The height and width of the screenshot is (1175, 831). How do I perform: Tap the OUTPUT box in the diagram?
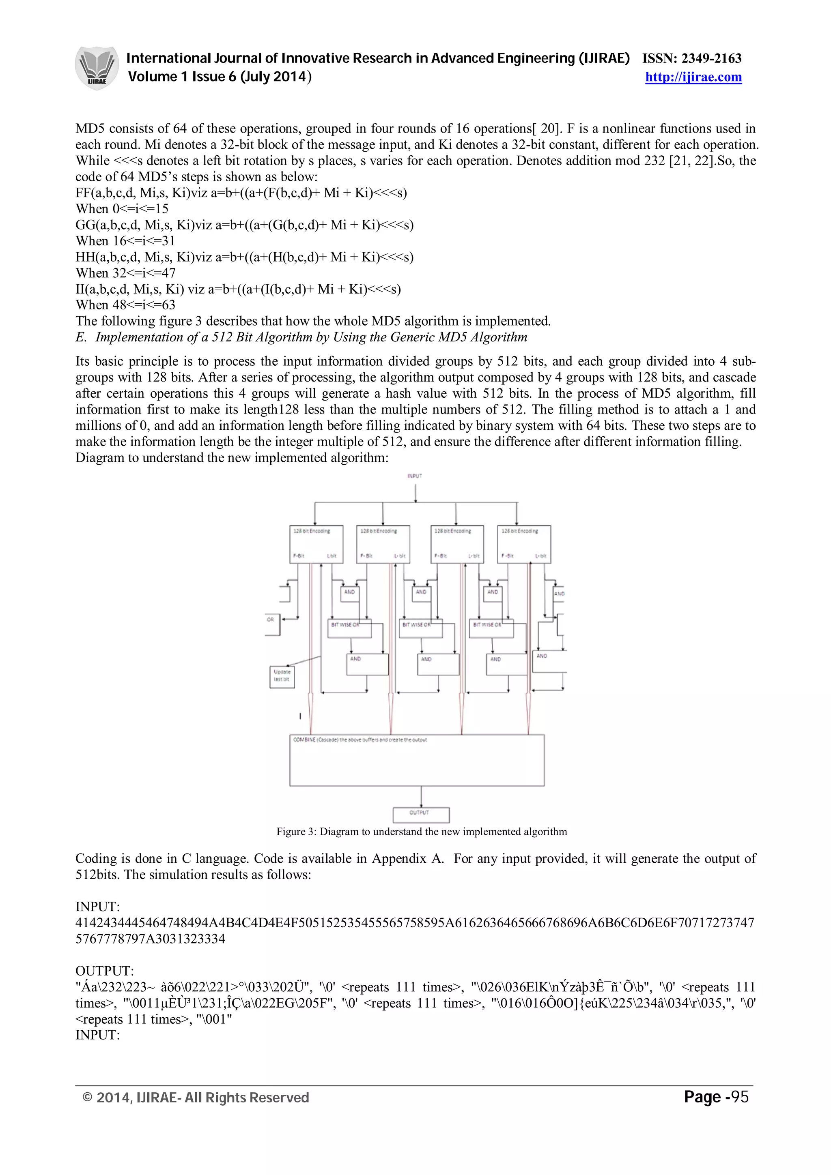click(420, 814)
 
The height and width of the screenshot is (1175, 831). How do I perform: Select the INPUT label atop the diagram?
click(415, 476)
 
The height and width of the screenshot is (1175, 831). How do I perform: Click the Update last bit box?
click(282, 676)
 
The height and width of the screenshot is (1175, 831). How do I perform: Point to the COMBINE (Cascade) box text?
click(360, 740)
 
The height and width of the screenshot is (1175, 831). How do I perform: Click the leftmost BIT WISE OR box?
click(349, 629)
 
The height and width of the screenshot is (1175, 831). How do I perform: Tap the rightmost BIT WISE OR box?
click(491, 629)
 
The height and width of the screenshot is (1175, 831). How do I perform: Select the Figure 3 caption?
click(422, 832)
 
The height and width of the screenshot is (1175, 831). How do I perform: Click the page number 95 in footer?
click(739, 1097)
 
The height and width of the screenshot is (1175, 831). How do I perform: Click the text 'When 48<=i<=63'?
click(125, 305)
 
